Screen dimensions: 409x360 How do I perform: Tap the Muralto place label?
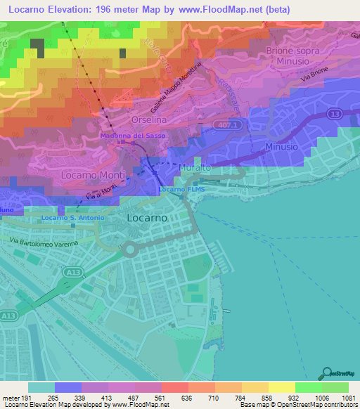tap(195, 169)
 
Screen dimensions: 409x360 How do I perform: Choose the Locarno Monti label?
tap(94, 174)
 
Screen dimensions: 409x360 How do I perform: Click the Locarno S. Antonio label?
tap(72, 218)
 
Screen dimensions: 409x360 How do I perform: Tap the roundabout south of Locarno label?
tap(129, 249)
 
